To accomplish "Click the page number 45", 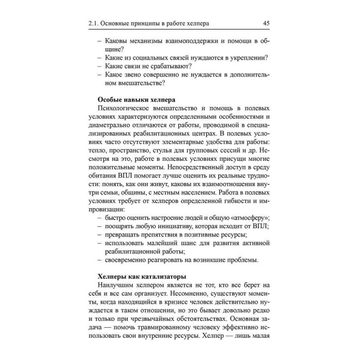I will point(266,23).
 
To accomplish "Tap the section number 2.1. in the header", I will point(94,23).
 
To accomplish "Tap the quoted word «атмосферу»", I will point(247,217).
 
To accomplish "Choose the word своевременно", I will point(129,260).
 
